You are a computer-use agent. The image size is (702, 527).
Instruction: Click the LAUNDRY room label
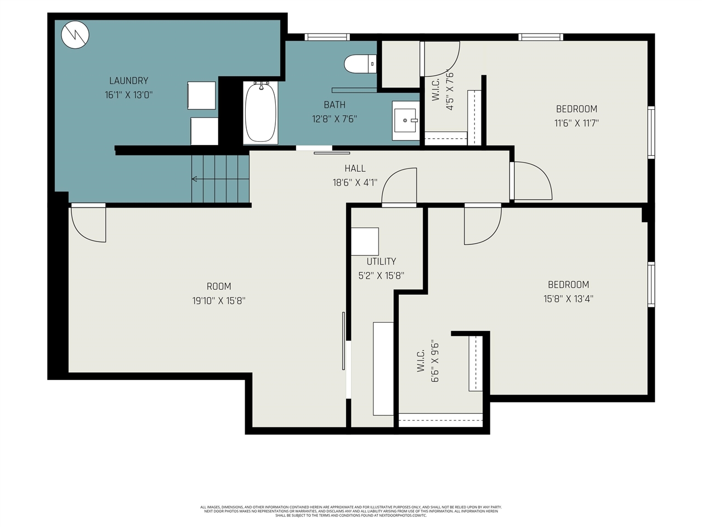(128, 81)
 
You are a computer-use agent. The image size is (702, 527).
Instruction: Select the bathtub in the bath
(261, 113)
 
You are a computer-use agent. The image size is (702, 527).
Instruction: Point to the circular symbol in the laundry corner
(75, 35)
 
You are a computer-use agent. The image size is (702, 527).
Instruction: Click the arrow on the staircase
(195, 178)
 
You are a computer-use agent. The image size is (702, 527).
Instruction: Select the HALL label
(355, 169)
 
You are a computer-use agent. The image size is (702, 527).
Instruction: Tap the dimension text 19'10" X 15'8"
(218, 301)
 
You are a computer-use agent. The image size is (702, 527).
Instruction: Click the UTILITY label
(381, 261)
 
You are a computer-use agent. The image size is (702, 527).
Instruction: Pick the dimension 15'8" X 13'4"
(568, 299)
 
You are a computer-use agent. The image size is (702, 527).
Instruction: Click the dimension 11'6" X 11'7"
(576, 123)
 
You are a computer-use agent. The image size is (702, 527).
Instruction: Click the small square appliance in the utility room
(365, 242)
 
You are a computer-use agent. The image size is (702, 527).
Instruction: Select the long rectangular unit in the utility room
(383, 368)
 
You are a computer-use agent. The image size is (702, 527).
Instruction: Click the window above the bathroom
(327, 37)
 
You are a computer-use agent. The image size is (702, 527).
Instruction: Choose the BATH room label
(335, 105)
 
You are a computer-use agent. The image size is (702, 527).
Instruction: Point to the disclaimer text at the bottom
(351, 511)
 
